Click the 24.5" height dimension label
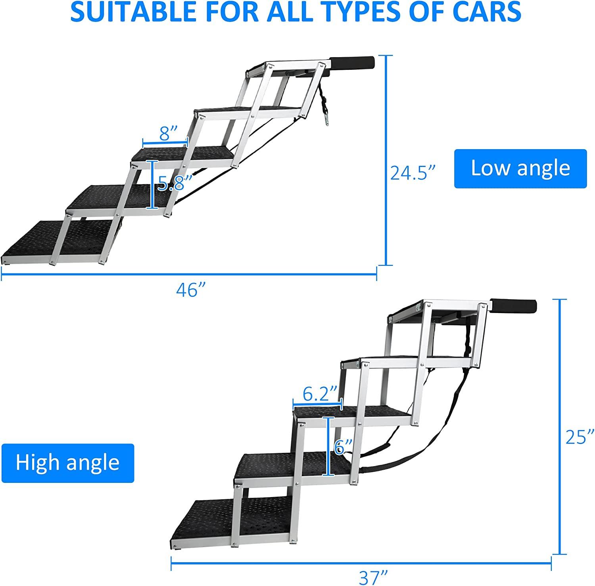pyautogui.click(x=413, y=173)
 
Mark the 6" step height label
pyautogui.click(x=343, y=447)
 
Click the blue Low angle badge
pyautogui.click(x=520, y=168)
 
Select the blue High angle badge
pyautogui.click(x=68, y=463)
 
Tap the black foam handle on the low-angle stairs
pyautogui.click(x=353, y=62)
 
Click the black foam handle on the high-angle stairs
pyautogui.click(x=514, y=307)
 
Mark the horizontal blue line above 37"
pyautogui.click(x=361, y=562)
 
